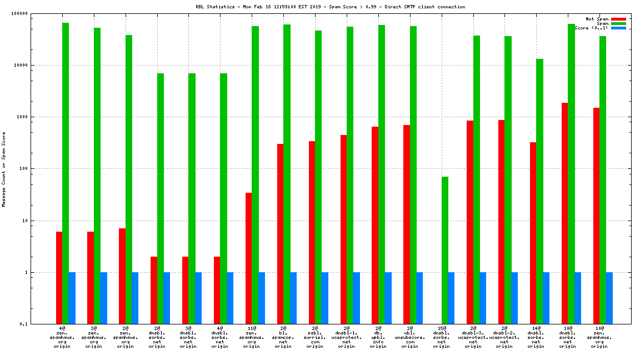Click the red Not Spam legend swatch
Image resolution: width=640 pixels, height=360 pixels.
coord(618,19)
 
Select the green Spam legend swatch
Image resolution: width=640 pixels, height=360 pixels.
coord(618,23)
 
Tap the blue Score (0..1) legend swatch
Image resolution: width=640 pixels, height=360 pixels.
coord(618,28)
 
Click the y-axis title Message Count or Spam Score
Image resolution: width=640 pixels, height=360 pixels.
coord(4,169)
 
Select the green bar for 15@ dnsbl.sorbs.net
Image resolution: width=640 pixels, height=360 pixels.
coord(445,250)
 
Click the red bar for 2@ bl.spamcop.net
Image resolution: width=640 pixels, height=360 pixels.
coord(280,234)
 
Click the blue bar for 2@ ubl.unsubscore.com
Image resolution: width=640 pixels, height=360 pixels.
coord(419,298)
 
